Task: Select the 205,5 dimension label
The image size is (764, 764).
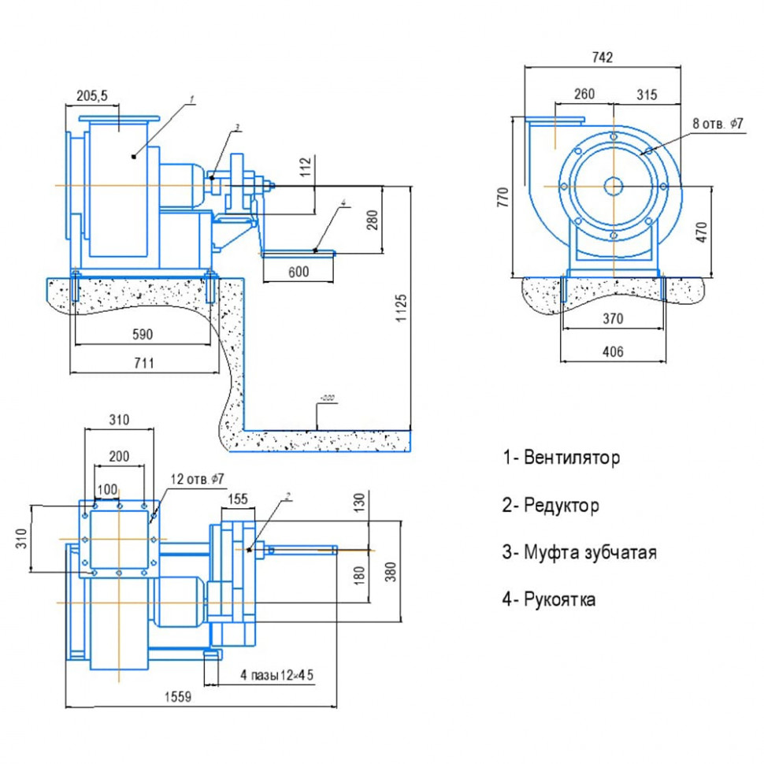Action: pos(91,95)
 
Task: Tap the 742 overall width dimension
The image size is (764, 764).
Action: pos(602,57)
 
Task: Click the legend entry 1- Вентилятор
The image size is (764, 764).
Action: pos(561,458)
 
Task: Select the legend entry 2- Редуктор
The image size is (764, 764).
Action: pos(551,505)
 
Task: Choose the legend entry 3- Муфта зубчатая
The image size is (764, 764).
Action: pos(579,552)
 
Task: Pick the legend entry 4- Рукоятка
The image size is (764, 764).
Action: pos(549,599)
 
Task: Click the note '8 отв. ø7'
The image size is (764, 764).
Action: pos(718,124)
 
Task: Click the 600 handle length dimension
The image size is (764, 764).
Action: pos(298,272)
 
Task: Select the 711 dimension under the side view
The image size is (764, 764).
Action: pos(143,362)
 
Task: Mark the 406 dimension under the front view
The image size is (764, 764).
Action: pos(612,352)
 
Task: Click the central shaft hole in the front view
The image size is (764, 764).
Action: pos(613,186)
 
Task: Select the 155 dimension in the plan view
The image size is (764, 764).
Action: pos(237,499)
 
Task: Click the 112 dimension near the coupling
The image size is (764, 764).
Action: pos(306,166)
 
